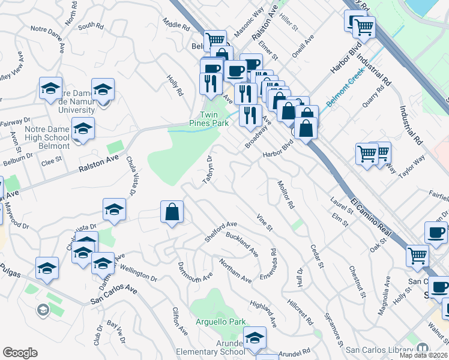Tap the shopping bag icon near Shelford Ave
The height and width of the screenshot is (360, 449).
coord(172,212)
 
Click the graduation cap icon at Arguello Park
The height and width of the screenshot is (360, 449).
coord(255,338)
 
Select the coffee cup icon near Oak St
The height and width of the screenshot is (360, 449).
coord(436,233)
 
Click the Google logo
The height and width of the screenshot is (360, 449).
coord(20,353)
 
